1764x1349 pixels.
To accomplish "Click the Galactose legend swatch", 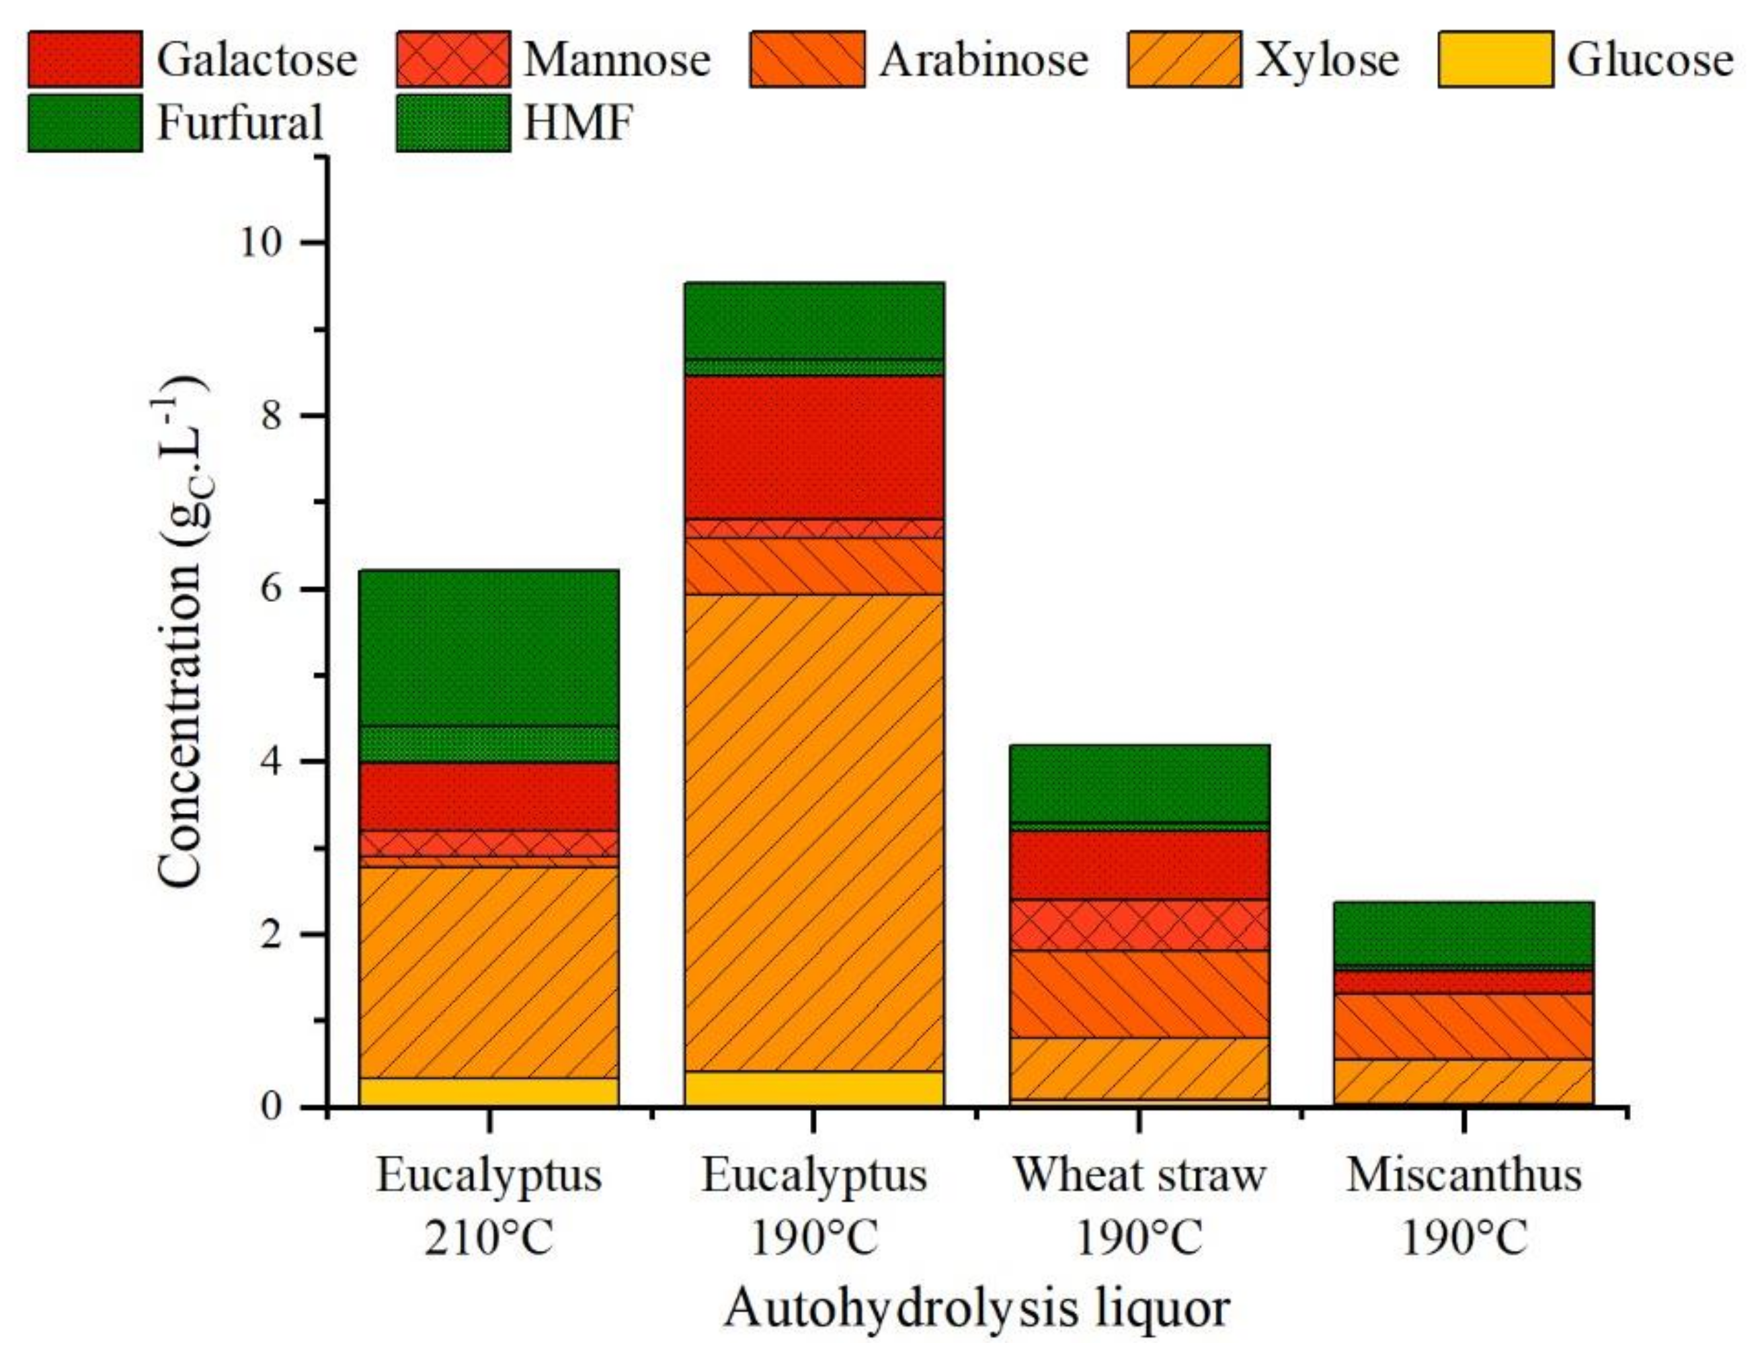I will pyautogui.click(x=83, y=58).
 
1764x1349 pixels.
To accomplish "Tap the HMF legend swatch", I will pyautogui.click(x=452, y=122).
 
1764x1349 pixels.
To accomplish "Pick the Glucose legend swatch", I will pyautogui.click(x=1494, y=58).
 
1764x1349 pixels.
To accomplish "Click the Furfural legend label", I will pyautogui.click(x=239, y=122).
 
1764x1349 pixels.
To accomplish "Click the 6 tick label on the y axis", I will pyautogui.click(x=272, y=589).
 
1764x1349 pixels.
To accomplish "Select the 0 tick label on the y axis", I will pyautogui.click(x=272, y=1107).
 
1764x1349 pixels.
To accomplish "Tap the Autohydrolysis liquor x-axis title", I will pyautogui.click(x=976, y=1309).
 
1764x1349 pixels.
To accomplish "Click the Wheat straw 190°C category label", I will pyautogui.click(x=1139, y=1207).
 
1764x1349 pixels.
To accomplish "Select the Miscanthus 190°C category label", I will pyautogui.click(x=1464, y=1207).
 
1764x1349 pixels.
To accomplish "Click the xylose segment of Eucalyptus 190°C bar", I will pyautogui.click(x=813, y=831).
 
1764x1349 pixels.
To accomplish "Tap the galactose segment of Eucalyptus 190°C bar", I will pyautogui.click(x=813, y=447).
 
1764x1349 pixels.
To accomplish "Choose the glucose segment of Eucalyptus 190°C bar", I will pyautogui.click(x=813, y=1088).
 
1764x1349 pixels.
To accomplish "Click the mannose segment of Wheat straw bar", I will pyautogui.click(x=1139, y=924).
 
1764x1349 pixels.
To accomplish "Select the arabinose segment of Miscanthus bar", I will pyautogui.click(x=1464, y=1025).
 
